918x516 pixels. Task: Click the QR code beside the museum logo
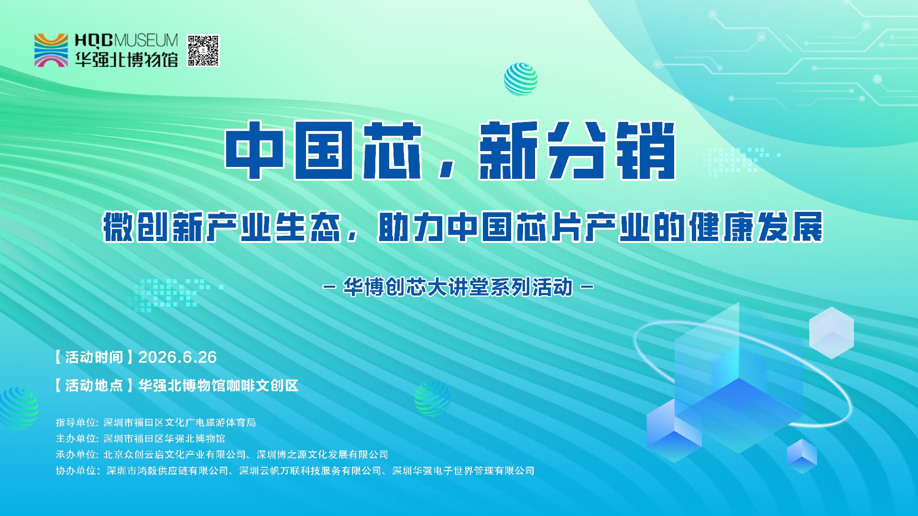tap(203, 50)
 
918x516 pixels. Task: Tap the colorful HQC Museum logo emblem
tap(51, 50)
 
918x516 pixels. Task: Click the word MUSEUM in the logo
tap(146, 41)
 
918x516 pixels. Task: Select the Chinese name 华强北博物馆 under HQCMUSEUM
tap(126, 59)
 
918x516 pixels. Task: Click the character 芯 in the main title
tap(392, 150)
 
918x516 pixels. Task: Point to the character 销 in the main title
tap(645, 150)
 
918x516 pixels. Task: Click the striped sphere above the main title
tap(521, 79)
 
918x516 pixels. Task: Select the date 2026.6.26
tap(177, 357)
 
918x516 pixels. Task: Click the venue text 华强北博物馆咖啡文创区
tap(219, 385)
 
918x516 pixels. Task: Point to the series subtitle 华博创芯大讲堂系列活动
tap(458, 287)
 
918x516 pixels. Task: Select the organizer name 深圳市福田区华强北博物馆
tap(164, 439)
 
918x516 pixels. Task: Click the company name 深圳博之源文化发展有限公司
tap(322, 454)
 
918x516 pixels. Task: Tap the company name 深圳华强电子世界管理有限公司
tap(463, 471)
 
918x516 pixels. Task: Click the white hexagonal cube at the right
tap(831, 333)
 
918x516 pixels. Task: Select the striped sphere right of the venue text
tap(432, 399)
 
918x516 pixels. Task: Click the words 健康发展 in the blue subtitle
tap(756, 227)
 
